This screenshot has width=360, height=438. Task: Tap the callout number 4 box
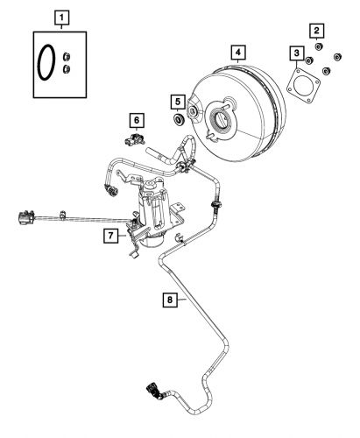[237, 53]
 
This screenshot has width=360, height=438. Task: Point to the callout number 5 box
[176, 101]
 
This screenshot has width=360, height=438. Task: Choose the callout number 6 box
[136, 117]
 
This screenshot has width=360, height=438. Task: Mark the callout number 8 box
[171, 299]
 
